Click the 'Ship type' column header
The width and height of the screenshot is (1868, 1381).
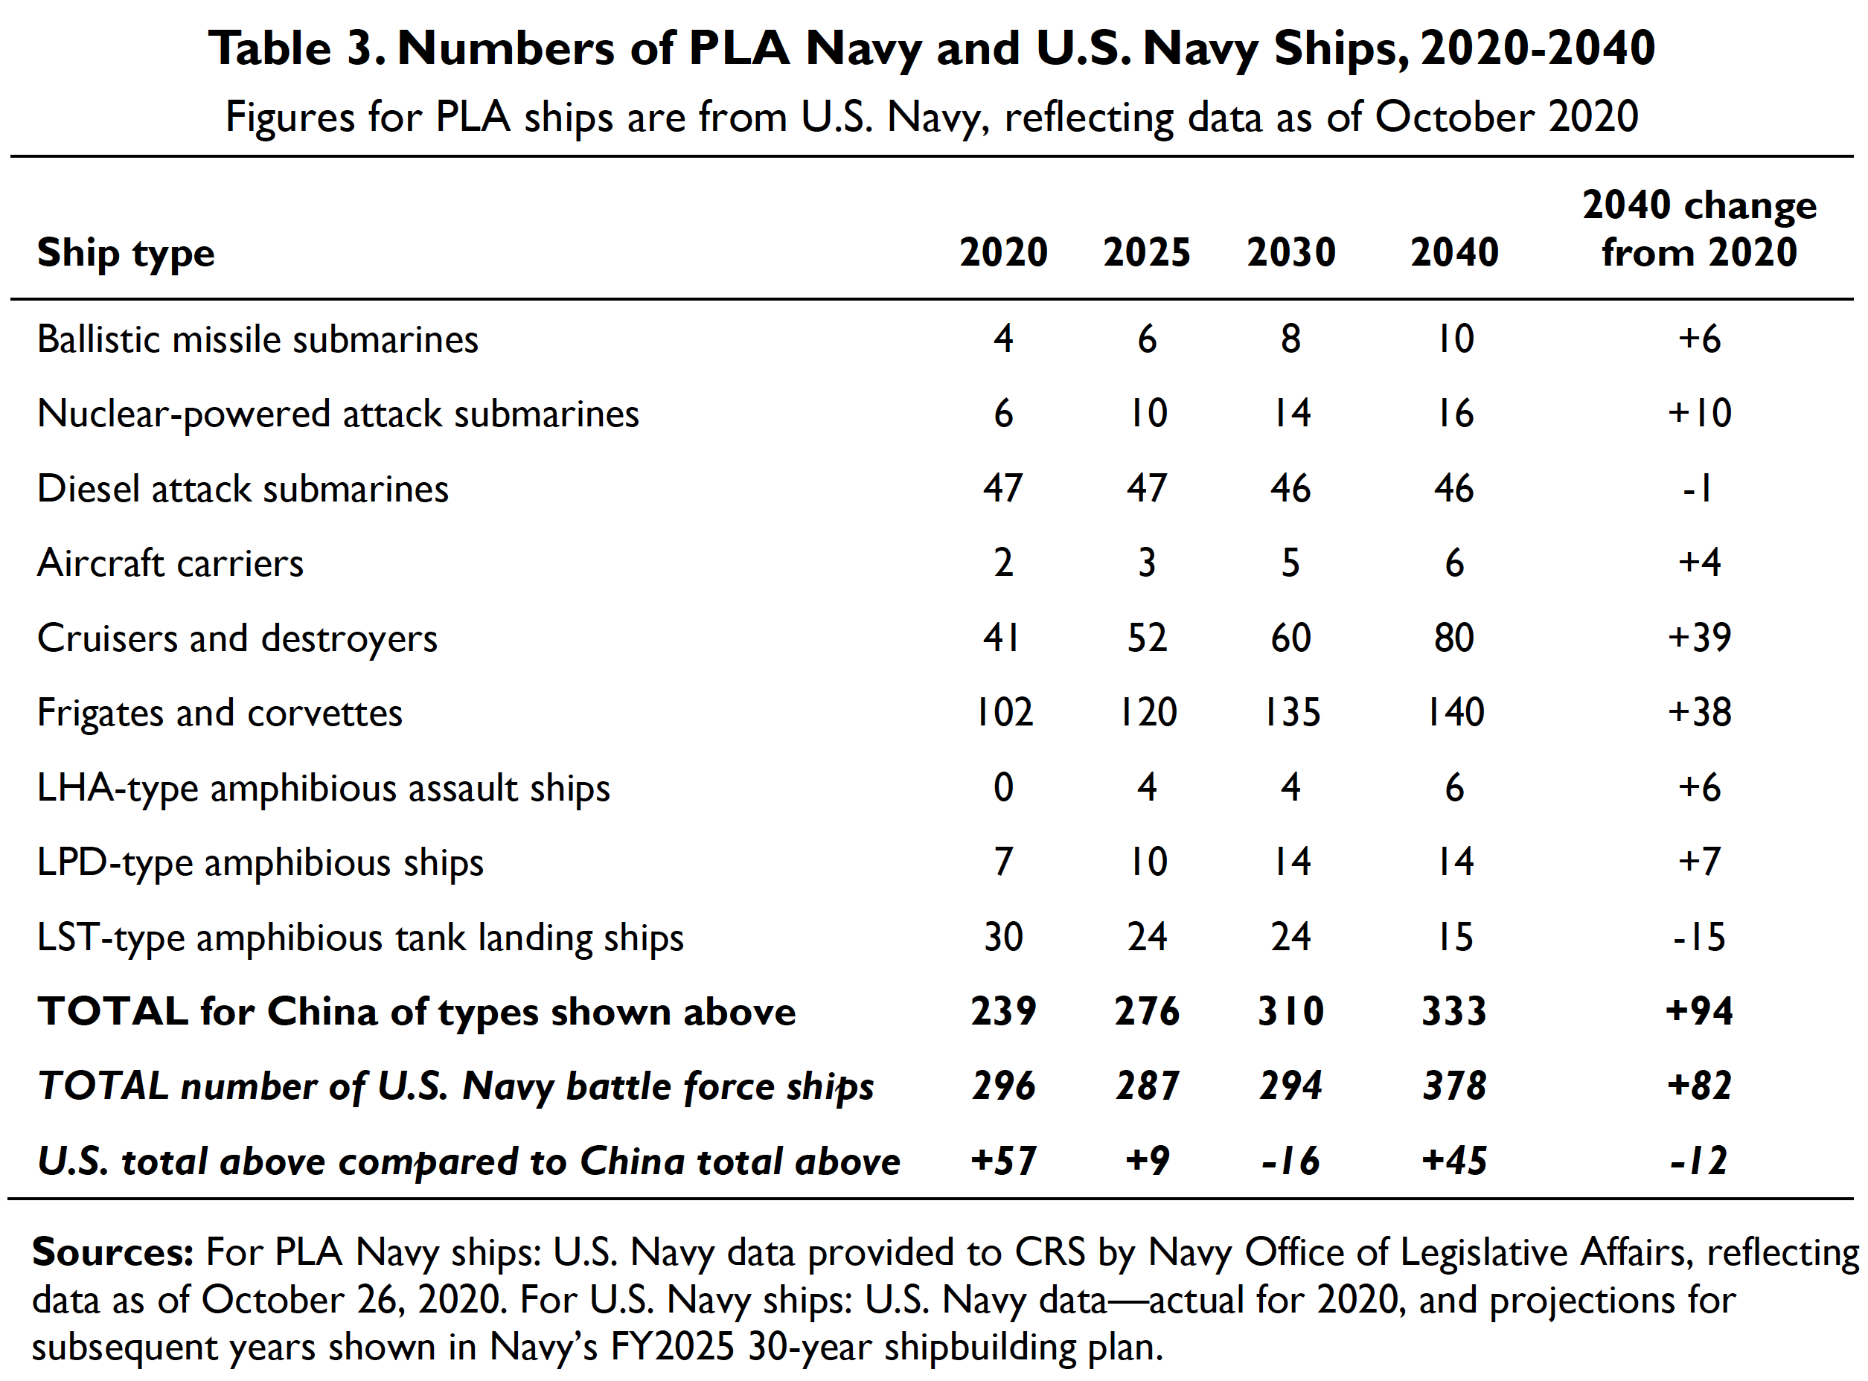pos(126,253)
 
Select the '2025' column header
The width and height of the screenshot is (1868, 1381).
pos(1146,252)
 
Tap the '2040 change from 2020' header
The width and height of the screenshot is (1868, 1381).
pos(1699,228)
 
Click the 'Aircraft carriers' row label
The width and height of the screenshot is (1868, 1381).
pos(170,563)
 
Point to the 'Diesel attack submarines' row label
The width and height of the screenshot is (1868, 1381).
pos(243,489)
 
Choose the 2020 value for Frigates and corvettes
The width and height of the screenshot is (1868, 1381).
pos(1003,713)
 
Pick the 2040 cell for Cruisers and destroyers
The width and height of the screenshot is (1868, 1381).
pos(1454,638)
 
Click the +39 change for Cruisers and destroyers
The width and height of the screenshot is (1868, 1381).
pos(1699,638)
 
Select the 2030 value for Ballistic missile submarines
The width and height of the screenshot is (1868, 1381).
pos(1290,339)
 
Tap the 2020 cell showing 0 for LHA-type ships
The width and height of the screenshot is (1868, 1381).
pos(1003,788)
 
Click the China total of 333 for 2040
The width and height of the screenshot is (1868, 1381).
pos(1454,1011)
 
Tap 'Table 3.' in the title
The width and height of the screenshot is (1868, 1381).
pos(297,48)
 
